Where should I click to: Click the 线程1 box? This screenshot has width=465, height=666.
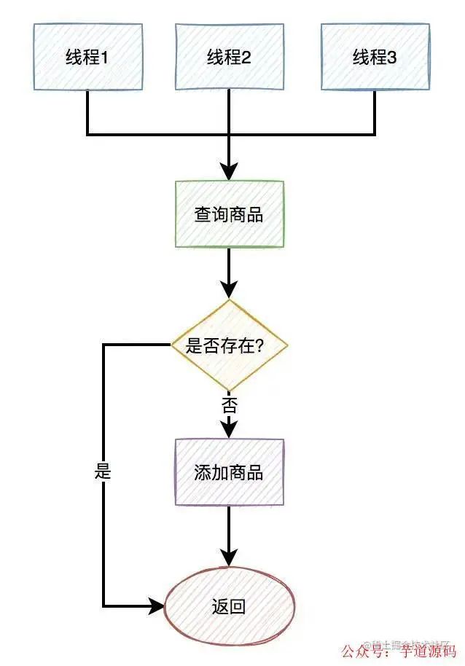coord(87,56)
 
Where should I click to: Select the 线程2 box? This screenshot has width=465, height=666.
coord(229,56)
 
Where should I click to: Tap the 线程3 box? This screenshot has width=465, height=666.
coord(375,56)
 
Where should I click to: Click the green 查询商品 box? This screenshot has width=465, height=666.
coord(229,214)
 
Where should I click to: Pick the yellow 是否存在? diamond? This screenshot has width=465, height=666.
coord(229,345)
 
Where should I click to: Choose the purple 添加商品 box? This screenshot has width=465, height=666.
coord(229,472)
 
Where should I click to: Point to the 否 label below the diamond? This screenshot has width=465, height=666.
coord(229,405)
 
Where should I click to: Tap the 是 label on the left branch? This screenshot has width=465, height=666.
coord(103,471)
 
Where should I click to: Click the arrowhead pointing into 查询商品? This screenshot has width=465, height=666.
coord(229,172)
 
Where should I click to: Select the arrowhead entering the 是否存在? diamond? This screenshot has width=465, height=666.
coord(229,290)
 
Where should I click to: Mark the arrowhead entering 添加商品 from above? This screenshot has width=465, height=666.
coord(229,430)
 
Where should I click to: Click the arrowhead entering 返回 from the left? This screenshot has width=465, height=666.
coord(156,605)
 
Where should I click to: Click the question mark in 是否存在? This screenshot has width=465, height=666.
coord(259,346)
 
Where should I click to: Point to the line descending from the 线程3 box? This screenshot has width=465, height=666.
coord(375,112)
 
